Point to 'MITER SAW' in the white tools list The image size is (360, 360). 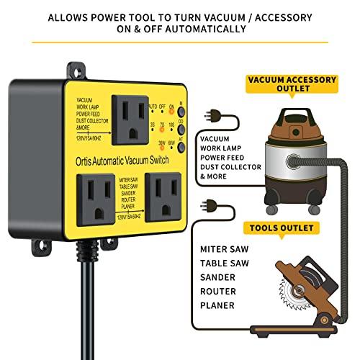tap(224, 248)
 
